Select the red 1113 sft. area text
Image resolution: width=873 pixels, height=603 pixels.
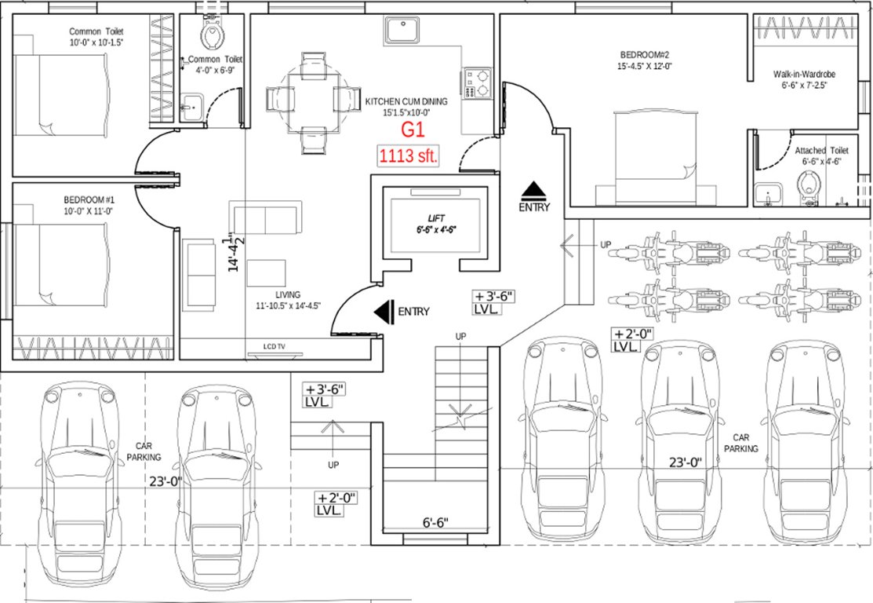click(x=408, y=155)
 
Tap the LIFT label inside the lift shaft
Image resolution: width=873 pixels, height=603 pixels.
click(x=435, y=217)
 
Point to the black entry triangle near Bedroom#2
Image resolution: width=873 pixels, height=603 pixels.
click(x=534, y=190)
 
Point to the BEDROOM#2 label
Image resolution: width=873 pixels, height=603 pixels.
click(x=644, y=54)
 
